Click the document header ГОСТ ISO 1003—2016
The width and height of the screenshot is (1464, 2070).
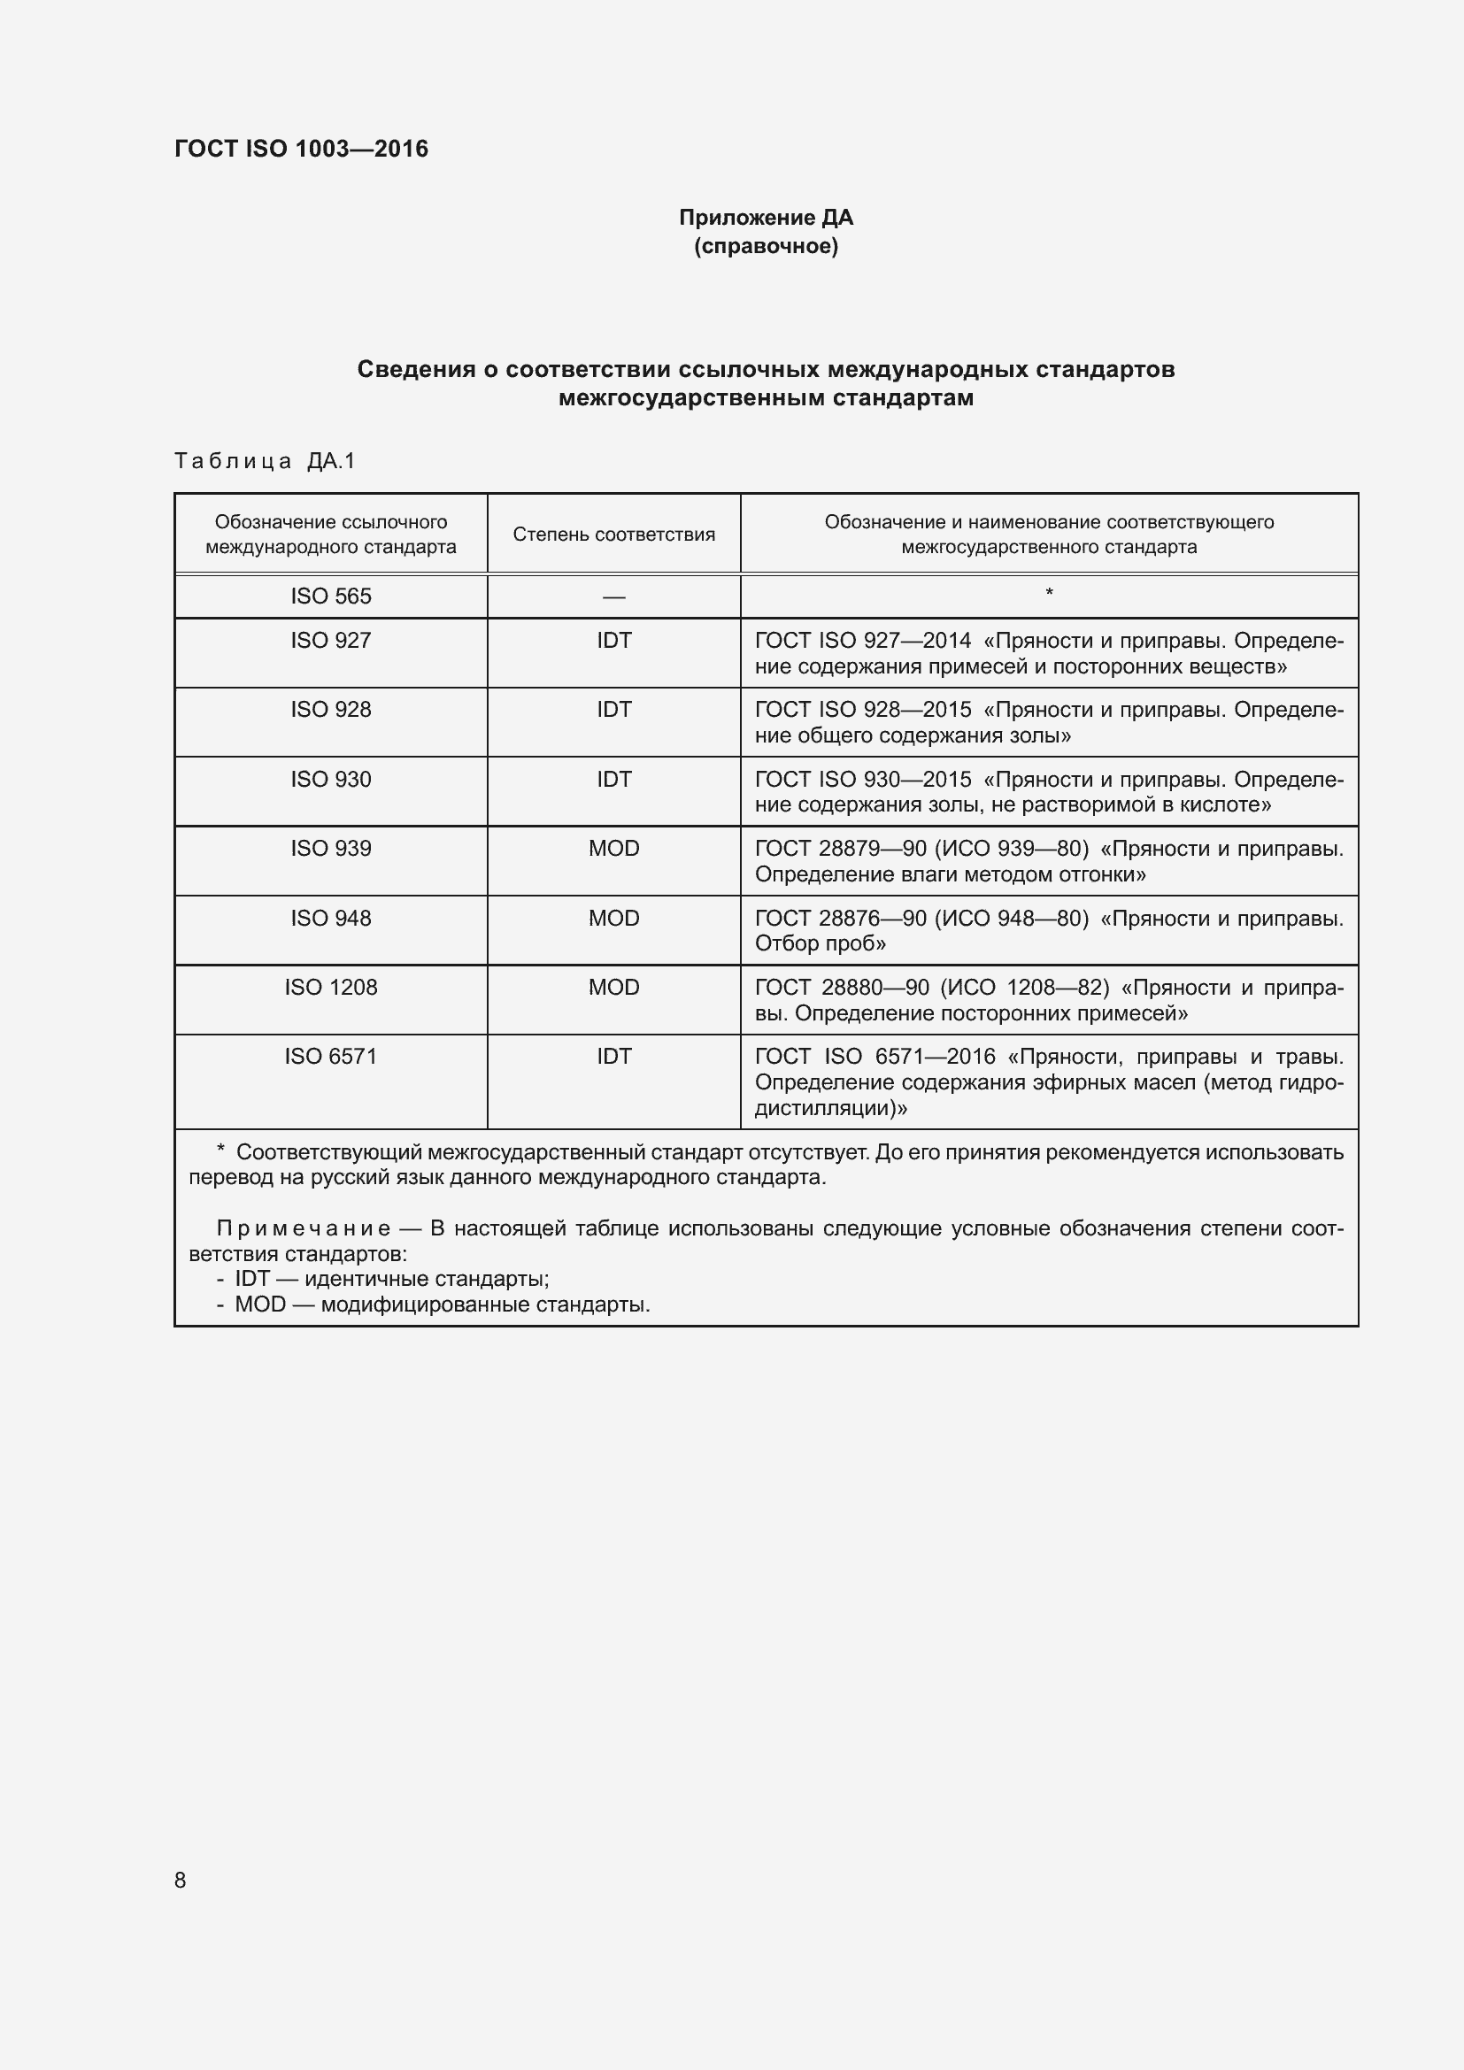pos(301,149)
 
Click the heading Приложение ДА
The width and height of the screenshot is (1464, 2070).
pos(766,218)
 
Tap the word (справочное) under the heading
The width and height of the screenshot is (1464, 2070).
pos(766,246)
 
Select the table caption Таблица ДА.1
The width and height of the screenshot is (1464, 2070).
pos(265,461)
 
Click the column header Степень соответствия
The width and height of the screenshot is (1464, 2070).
pos(613,534)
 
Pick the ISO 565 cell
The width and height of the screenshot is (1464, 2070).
pos(330,596)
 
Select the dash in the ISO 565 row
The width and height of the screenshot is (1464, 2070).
pos(613,596)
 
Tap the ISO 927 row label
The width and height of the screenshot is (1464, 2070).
pos(330,640)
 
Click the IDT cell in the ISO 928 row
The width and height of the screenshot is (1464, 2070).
pos(613,710)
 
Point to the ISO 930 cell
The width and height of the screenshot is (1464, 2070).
pos(330,779)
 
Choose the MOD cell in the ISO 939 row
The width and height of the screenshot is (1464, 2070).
pos(613,849)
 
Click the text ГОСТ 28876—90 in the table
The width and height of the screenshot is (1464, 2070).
pos(840,918)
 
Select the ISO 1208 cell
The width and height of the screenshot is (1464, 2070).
pos(330,988)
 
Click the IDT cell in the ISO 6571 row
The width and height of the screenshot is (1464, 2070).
pos(613,1056)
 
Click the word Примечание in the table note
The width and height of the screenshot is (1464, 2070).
pos(304,1228)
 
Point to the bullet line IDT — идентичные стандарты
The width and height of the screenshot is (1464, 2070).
pos(391,1279)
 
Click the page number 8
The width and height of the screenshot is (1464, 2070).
pos(181,1880)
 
